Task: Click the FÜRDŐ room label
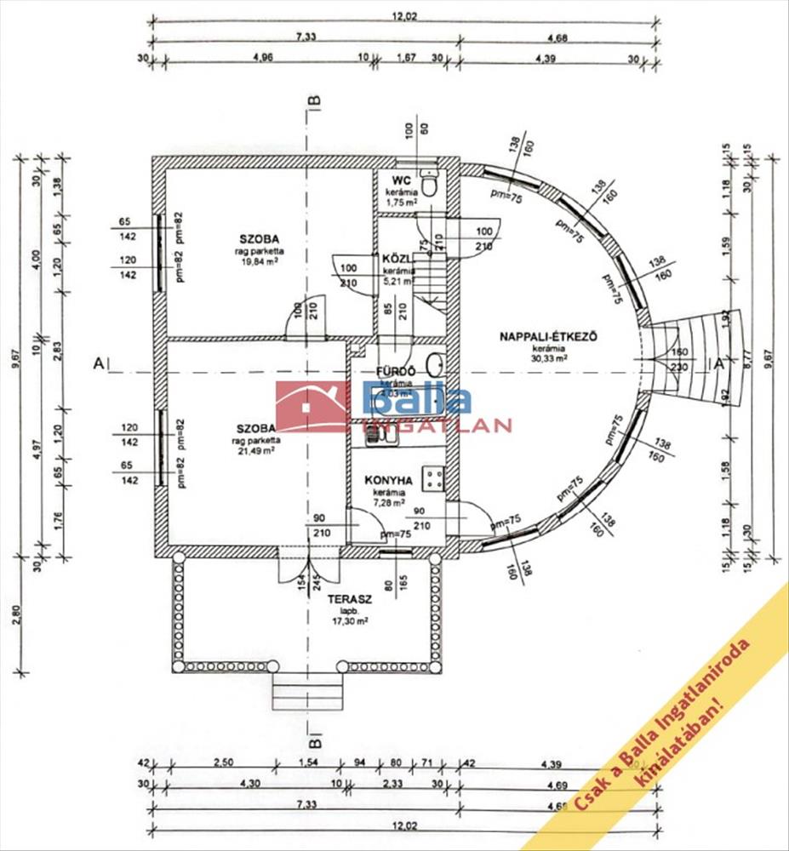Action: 394,372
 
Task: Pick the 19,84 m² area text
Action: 260,260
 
